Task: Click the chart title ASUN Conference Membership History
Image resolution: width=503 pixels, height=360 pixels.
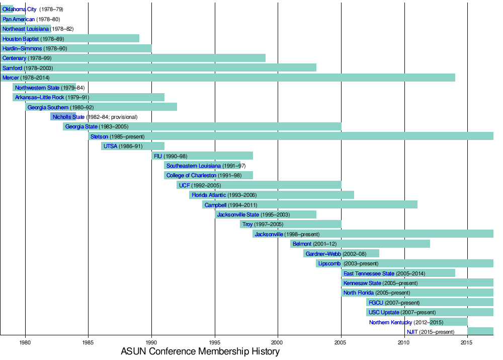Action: click(x=200, y=351)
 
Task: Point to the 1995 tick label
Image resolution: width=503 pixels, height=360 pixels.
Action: click(x=215, y=342)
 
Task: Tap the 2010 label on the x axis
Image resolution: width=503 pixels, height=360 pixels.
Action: click(x=404, y=342)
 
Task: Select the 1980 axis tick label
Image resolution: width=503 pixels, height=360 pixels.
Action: click(x=25, y=342)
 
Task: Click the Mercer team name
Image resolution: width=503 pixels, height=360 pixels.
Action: click(x=11, y=78)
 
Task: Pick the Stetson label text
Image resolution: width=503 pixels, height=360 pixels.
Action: click(x=99, y=136)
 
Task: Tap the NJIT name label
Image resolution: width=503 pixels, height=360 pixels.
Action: click(x=412, y=332)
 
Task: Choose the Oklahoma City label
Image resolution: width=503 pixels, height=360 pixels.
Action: click(x=20, y=10)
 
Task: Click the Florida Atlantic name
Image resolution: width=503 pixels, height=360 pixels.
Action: click(x=209, y=195)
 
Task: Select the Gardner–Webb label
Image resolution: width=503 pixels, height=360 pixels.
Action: click(x=323, y=254)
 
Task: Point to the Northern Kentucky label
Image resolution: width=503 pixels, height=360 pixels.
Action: click(x=390, y=322)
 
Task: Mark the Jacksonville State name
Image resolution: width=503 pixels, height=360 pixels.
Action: click(x=238, y=214)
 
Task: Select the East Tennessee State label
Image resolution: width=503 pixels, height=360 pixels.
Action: click(x=369, y=273)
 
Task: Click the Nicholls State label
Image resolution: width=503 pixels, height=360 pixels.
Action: click(x=68, y=117)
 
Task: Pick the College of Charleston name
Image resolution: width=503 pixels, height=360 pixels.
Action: click(x=191, y=175)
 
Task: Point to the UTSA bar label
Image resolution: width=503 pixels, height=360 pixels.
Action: click(x=110, y=146)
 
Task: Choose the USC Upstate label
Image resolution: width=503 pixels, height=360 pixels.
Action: click(x=384, y=312)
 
